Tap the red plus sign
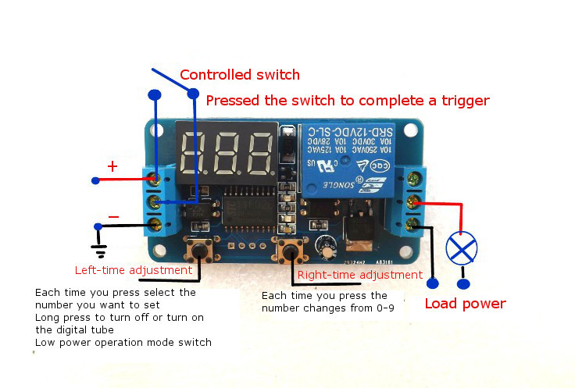(112, 166)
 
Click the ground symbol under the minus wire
(99, 251)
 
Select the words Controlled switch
(240, 75)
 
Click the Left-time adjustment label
(133, 270)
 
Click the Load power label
(465, 304)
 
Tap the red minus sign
(114, 216)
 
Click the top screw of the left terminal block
(155, 179)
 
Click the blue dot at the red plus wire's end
(95, 180)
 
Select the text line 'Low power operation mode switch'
(123, 343)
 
